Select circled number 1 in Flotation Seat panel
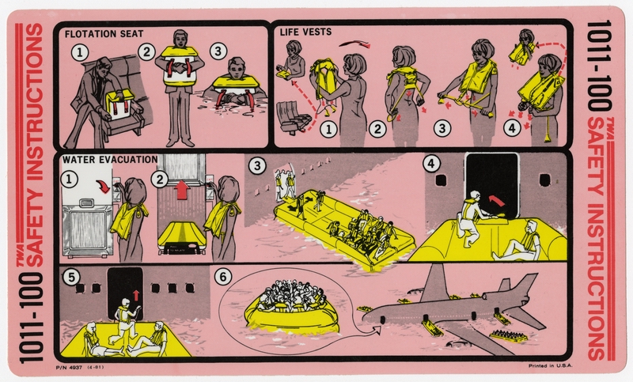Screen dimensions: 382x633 click(78, 53)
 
